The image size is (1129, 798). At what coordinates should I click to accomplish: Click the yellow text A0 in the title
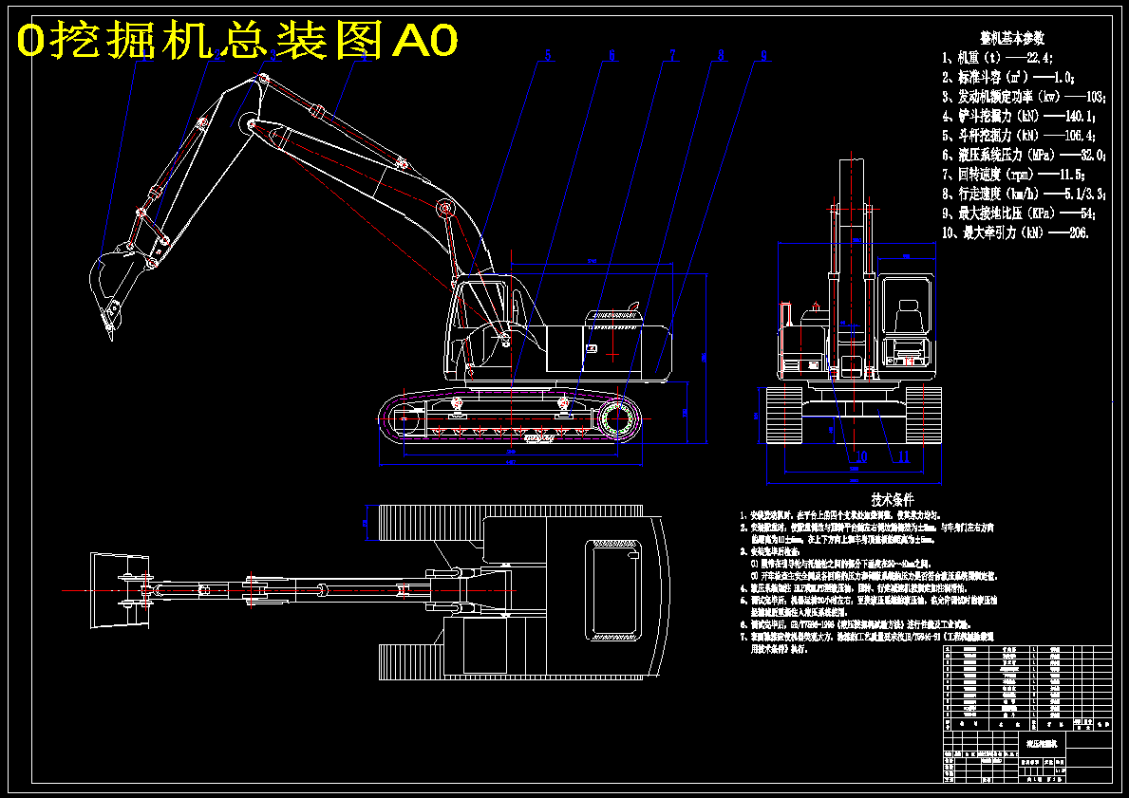point(425,40)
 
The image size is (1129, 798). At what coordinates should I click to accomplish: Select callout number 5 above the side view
point(547,56)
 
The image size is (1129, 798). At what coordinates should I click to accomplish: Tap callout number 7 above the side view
point(672,56)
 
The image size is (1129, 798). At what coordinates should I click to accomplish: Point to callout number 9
point(762,56)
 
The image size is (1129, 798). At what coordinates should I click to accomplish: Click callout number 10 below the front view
point(860,456)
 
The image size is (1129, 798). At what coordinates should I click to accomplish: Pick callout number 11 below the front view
point(904,456)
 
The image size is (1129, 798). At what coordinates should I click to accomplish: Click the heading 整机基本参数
point(1012,38)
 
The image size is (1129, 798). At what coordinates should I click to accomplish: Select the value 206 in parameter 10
point(1078,232)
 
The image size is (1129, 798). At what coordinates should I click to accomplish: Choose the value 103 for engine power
point(1093,97)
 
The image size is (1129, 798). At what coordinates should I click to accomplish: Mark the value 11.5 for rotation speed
point(1072,174)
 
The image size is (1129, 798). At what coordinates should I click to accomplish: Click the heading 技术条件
point(892,499)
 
